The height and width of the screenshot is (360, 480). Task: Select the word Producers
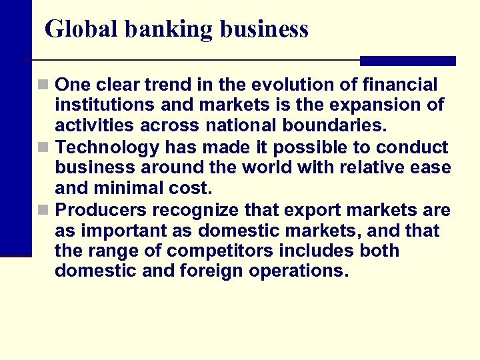pyautogui.click(x=101, y=210)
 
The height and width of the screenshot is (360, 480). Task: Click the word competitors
pyautogui.click(x=227, y=251)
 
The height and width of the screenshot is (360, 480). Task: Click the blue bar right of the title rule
pyautogui.click(x=407, y=61)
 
